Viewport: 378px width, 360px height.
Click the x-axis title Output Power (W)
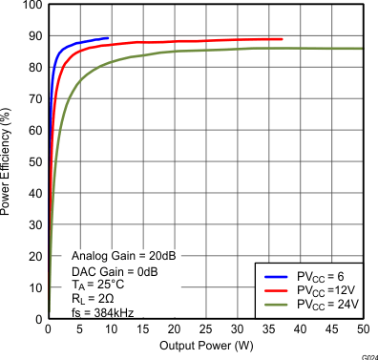coord(205,345)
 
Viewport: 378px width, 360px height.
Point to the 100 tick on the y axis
coord(31,6)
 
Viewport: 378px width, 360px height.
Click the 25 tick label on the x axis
coord(205,329)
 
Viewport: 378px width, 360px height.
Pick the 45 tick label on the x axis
coord(331,329)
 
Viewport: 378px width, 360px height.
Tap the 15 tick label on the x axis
coord(142,329)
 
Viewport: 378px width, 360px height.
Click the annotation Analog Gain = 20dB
coord(124,257)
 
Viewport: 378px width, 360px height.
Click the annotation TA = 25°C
coord(98,284)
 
